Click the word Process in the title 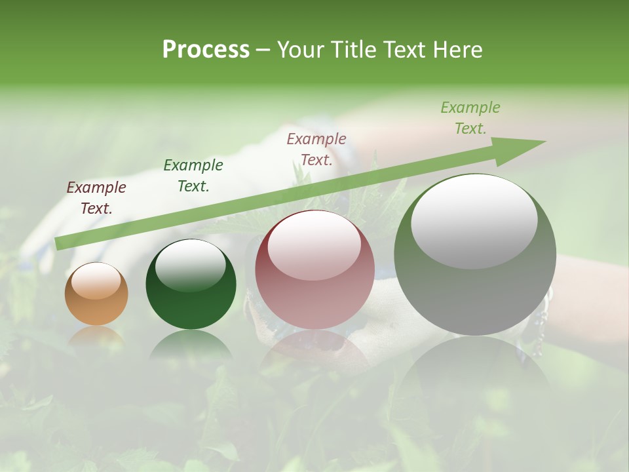(206, 50)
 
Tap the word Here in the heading (457, 50)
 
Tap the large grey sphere (475, 282)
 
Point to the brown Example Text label (96, 198)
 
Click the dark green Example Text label (193, 176)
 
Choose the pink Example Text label (316, 149)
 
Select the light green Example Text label (470, 118)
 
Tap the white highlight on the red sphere (314, 243)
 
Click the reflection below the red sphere (314, 351)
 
